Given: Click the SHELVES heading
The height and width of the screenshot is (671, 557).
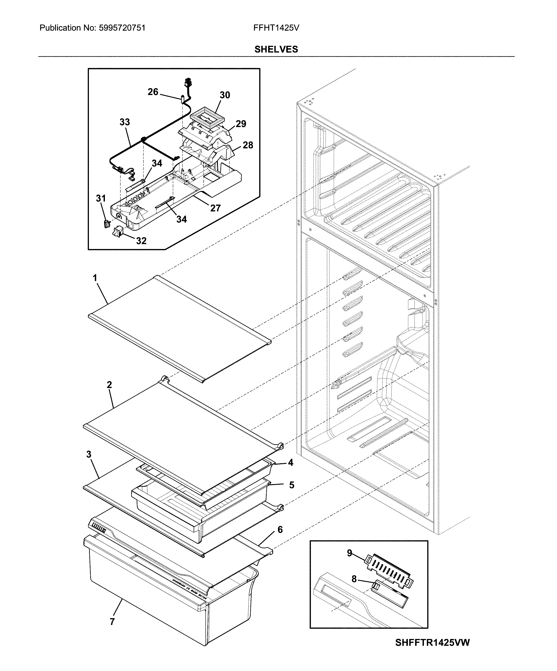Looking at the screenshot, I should click(276, 49).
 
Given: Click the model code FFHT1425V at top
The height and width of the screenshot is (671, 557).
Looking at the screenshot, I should click(276, 28).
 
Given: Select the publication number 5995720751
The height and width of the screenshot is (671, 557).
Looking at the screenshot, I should click(122, 28).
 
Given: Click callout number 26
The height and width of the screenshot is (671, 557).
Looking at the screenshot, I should click(153, 92).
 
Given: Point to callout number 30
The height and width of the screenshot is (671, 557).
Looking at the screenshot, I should click(225, 95).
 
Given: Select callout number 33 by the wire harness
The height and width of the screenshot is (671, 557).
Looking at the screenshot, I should click(125, 122).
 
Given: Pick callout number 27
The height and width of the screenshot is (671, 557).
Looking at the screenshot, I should click(215, 208).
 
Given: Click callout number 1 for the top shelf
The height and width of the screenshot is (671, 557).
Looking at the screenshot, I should click(95, 278).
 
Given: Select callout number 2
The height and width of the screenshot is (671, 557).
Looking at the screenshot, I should click(109, 385).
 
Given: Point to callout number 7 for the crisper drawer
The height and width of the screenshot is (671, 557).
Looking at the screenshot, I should click(112, 622).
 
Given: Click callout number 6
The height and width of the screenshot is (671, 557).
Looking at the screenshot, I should click(280, 530).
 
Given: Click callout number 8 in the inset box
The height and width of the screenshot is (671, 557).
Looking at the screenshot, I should click(354, 579).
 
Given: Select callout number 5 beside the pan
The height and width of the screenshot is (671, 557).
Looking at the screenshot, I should click(291, 485).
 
